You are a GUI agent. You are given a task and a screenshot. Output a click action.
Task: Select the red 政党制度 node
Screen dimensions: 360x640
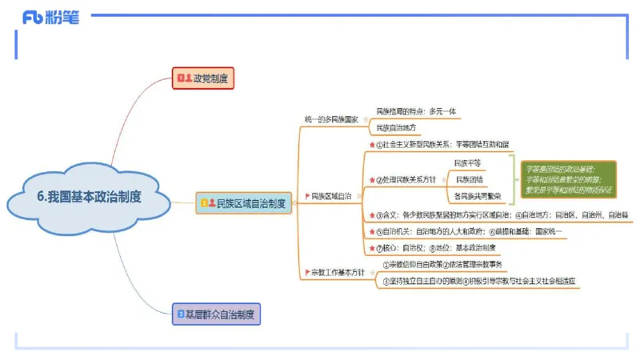click(202, 78)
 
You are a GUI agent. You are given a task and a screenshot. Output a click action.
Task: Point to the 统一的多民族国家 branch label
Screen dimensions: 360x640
click(331, 119)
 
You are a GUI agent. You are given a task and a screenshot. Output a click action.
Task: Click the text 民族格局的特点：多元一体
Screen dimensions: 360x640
click(415, 111)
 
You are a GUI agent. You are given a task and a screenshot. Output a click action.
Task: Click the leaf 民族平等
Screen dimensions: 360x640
click(467, 163)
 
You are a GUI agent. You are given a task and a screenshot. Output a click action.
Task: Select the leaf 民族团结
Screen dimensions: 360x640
click(468, 179)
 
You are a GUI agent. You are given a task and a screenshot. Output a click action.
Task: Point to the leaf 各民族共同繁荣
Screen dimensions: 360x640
click(478, 196)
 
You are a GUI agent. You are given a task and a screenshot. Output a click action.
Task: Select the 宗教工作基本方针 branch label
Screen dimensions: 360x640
click(335, 272)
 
